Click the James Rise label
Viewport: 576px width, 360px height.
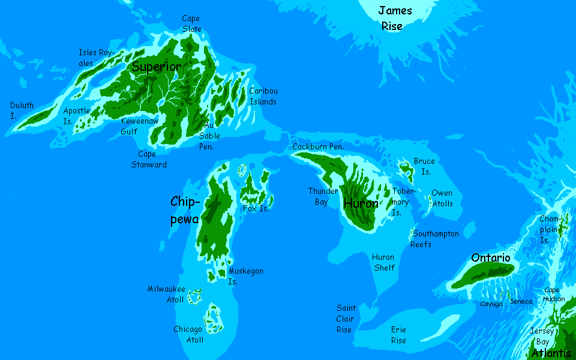point(395,18)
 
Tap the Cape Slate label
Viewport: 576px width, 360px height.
point(191,24)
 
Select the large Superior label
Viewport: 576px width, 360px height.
point(156,67)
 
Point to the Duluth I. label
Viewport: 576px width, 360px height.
point(22,110)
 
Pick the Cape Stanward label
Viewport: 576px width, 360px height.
point(148,159)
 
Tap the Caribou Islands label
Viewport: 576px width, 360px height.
point(263,96)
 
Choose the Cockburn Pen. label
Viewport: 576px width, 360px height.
point(317,146)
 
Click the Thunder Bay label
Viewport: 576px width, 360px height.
point(323,196)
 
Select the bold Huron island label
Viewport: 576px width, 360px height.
point(361,203)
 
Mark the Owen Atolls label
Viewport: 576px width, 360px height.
point(442,198)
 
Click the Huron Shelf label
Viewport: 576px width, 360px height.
point(384,262)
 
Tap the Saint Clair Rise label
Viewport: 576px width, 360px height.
point(346,319)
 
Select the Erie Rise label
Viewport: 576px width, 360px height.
point(398,335)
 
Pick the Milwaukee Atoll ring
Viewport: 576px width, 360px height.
point(194,296)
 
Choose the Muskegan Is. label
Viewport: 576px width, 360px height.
point(245,276)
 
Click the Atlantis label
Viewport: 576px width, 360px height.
point(551,353)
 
